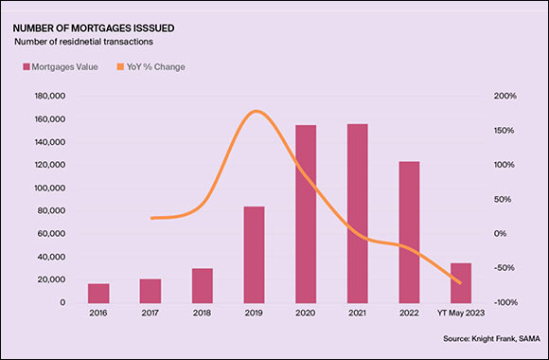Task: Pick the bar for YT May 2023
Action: pyautogui.click(x=460, y=282)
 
